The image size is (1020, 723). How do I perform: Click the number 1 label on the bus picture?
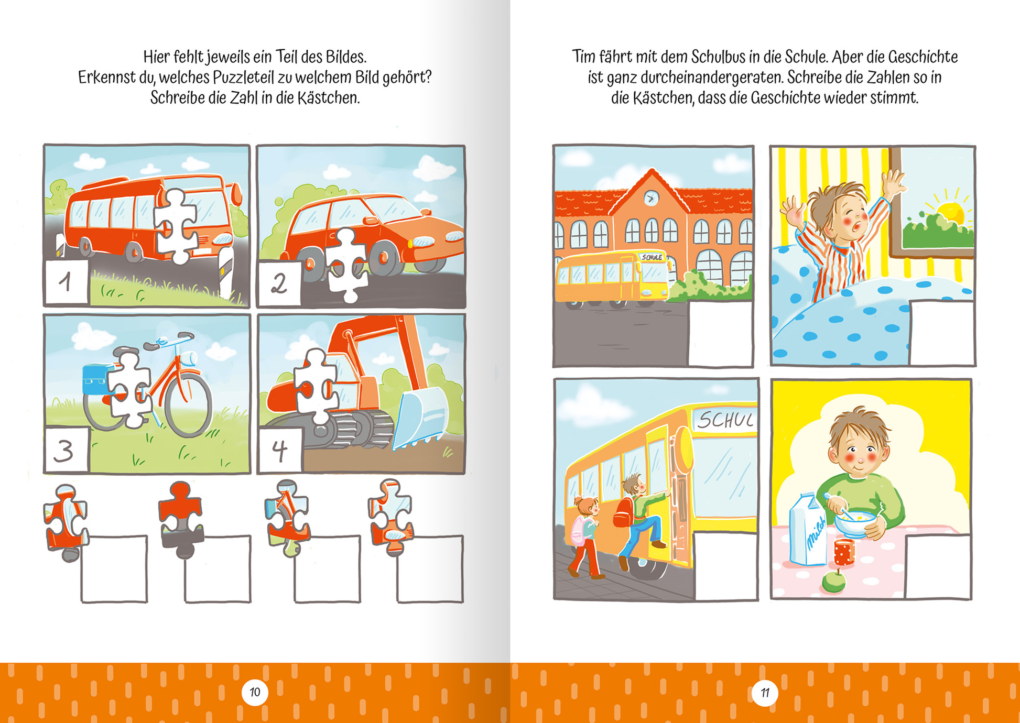67,282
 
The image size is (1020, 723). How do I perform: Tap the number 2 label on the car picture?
279,283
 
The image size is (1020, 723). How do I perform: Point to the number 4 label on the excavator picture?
280,450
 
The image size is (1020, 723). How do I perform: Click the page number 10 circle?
255,692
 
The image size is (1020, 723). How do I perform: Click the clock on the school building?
651,198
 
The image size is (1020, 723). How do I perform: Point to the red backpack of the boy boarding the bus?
623,512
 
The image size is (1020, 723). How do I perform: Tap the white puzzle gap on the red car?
346,265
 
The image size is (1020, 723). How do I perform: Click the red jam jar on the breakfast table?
844,552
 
